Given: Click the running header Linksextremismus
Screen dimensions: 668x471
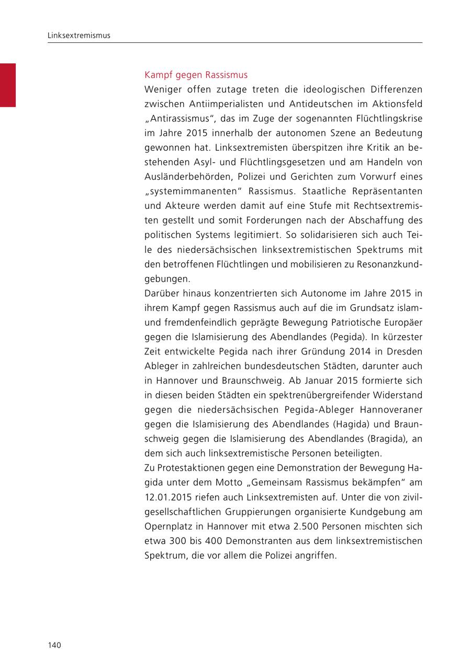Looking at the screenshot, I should point(78,36).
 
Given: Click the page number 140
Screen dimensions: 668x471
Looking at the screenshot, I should point(54,645).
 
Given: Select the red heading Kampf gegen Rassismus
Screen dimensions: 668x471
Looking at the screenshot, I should point(196,75).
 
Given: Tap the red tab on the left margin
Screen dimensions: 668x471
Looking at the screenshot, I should point(7,85).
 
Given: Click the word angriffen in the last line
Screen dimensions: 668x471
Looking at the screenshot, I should point(317,555).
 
